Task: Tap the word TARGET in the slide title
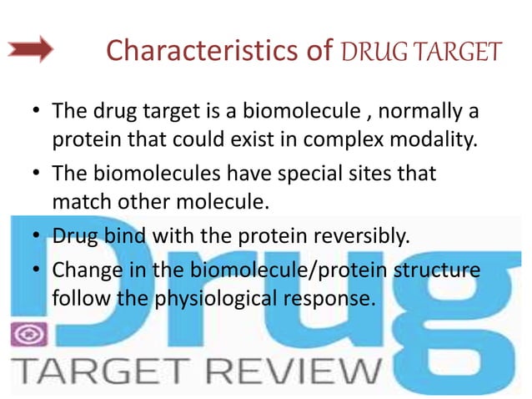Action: click(x=457, y=52)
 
